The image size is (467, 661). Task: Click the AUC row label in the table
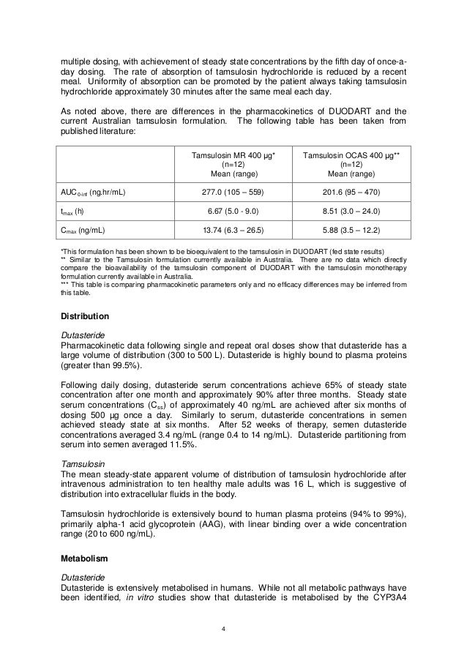click(x=92, y=193)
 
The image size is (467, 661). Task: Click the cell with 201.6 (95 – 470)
click(x=351, y=193)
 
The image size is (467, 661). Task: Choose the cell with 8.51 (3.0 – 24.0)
click(x=351, y=212)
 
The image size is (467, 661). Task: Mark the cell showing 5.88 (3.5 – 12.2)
click(x=351, y=230)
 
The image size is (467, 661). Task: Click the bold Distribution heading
click(x=84, y=316)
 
